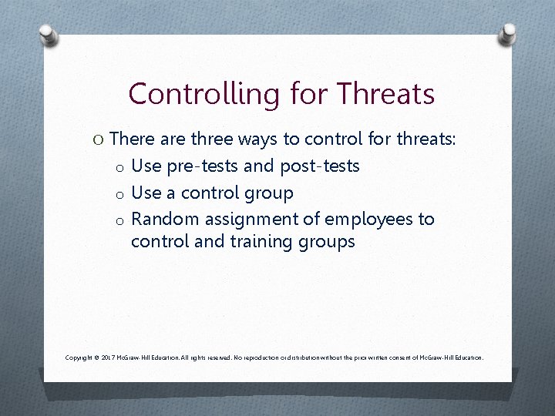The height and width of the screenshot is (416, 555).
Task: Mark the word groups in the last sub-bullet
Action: point(327,241)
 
